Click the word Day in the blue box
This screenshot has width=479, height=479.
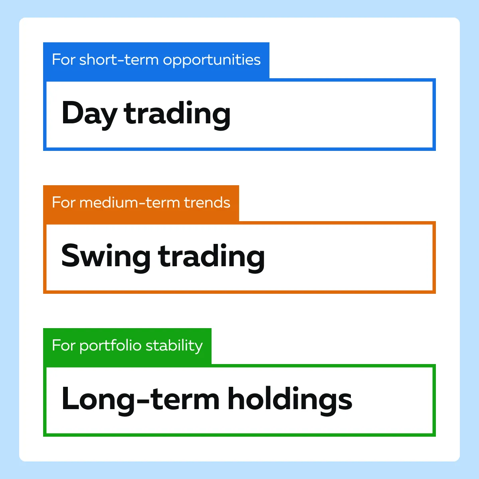coord(89,115)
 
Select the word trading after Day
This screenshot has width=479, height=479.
coord(177,115)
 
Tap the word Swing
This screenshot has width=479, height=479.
coord(106,258)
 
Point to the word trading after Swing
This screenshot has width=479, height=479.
coord(212,258)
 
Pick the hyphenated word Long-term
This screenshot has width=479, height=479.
coord(141,400)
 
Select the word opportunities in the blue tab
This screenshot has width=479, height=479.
coord(212,61)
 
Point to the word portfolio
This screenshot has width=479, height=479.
coord(110,346)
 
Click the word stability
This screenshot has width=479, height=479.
coord(174,346)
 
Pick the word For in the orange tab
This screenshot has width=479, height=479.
coord(63,202)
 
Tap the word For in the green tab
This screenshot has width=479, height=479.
coord(63,345)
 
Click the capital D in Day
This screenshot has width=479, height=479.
coord(72,113)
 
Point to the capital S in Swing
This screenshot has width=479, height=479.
coord(71,255)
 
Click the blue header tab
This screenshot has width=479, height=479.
coord(156,61)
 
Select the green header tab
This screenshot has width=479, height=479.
coord(127,346)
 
